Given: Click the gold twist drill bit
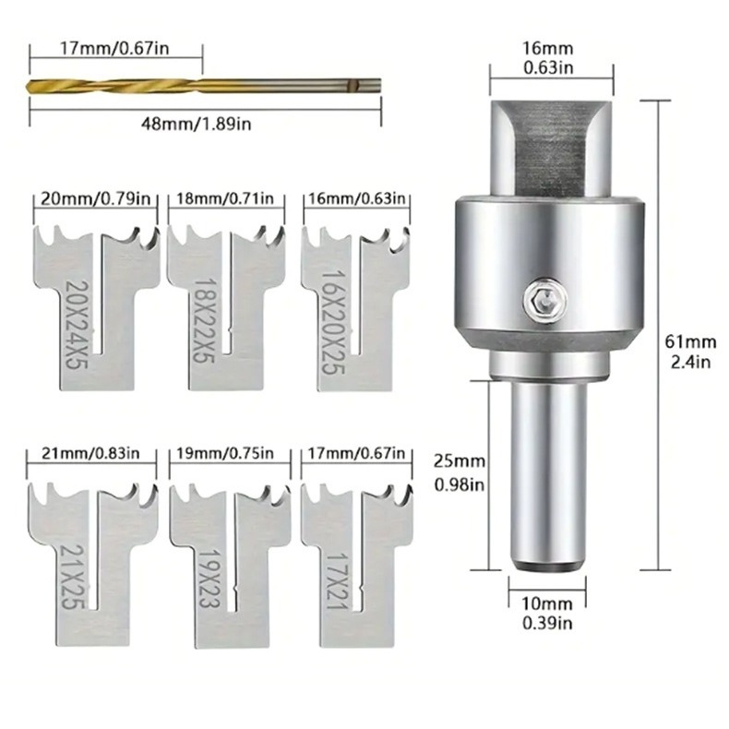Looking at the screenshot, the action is coord(205,86).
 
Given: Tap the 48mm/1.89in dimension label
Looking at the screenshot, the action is coord(197,125).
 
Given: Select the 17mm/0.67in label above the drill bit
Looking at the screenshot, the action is coord(114,48).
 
